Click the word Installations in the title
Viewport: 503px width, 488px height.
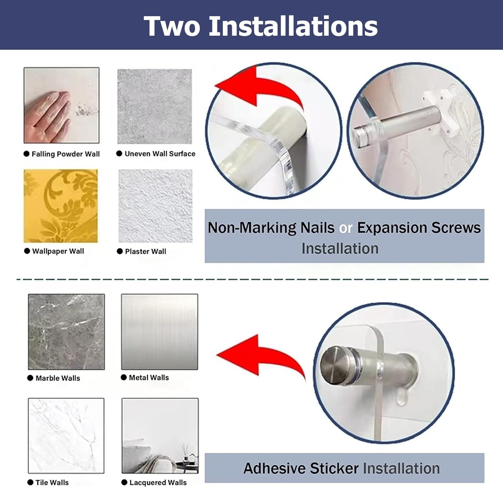(293, 26)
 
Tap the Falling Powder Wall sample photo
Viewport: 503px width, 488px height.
(61, 106)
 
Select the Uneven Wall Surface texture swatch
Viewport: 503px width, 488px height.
(155, 107)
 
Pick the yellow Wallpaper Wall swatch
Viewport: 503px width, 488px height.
(61, 206)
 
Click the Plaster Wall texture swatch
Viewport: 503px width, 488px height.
(156, 206)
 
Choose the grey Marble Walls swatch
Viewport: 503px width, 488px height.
(66, 332)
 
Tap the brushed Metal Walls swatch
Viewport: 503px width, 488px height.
(160, 332)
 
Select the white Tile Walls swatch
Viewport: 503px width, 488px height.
(66, 436)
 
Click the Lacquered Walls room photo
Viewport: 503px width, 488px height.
(160, 436)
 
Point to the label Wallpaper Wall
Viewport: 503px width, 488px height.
(58, 251)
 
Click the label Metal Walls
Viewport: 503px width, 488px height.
(149, 377)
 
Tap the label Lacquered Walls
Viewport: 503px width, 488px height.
(158, 482)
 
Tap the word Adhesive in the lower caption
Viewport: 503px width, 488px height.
(275, 468)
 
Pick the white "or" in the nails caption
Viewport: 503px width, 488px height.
(345, 228)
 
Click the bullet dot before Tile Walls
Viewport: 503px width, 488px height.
(31, 482)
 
